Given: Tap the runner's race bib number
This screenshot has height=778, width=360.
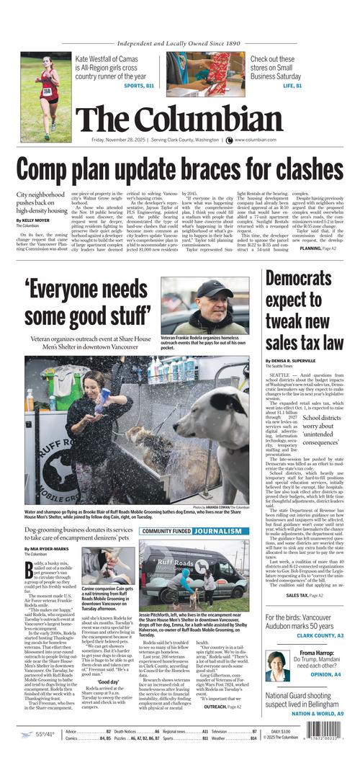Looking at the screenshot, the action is [47, 91].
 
